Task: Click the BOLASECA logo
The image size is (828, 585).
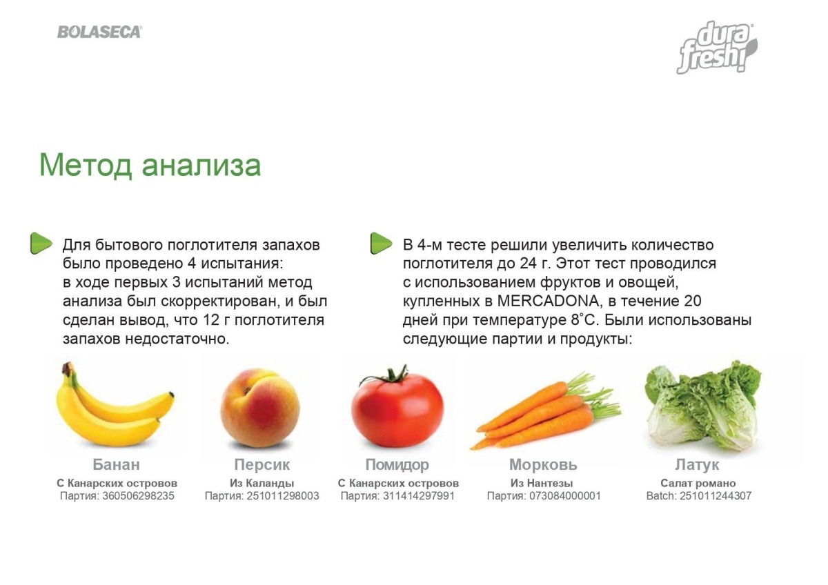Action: click(x=99, y=32)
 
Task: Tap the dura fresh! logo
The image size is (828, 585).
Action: click(x=717, y=48)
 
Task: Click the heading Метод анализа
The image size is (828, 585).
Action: click(x=150, y=165)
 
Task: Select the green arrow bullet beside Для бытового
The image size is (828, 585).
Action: click(x=41, y=243)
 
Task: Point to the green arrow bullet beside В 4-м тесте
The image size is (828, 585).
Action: click(x=381, y=243)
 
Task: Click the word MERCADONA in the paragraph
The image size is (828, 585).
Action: click(x=548, y=301)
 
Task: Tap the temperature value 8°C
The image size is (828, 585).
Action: click(x=583, y=320)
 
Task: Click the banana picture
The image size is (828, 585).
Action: click(x=115, y=406)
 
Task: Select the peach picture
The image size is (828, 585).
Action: click(x=260, y=408)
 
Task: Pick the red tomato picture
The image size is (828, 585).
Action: click(x=397, y=407)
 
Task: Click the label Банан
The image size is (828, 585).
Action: click(x=116, y=464)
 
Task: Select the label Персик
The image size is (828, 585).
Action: click(x=262, y=464)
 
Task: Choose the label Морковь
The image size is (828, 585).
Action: click(x=544, y=464)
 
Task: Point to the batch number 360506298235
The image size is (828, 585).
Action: click(x=138, y=496)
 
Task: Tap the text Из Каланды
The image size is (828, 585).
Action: click(x=262, y=484)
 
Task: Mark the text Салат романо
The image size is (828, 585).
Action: click(x=698, y=484)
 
